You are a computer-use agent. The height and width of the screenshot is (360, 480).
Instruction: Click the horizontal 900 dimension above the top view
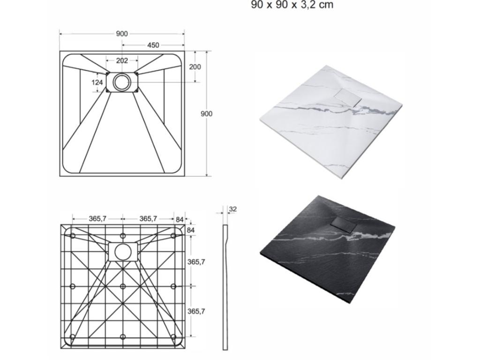(x=122, y=34)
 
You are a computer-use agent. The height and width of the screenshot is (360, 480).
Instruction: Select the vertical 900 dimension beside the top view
(x=206, y=114)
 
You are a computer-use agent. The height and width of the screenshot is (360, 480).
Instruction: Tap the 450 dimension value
(x=153, y=45)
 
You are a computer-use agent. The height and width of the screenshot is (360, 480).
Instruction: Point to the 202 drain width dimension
(x=122, y=60)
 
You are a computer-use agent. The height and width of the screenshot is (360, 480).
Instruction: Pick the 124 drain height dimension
(x=97, y=82)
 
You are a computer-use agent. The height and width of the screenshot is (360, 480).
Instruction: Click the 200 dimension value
(x=195, y=67)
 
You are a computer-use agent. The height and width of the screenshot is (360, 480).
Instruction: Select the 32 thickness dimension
(x=232, y=209)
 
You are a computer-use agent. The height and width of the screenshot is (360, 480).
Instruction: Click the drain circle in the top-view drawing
(x=122, y=82)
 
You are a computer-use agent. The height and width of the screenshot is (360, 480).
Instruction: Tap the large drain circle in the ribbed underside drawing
(x=123, y=252)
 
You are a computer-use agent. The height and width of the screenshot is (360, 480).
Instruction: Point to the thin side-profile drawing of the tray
(x=225, y=287)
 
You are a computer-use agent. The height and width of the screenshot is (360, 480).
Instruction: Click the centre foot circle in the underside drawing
(x=123, y=286)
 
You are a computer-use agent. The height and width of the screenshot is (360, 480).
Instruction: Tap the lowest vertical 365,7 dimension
(x=196, y=311)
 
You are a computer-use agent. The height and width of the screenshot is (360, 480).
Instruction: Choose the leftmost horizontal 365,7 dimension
(x=97, y=218)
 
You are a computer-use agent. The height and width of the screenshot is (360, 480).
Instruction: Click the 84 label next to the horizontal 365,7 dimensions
(x=180, y=218)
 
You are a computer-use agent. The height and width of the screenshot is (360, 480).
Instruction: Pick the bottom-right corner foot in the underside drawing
(x=173, y=337)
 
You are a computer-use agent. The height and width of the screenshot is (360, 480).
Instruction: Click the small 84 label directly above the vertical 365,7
(x=191, y=230)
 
